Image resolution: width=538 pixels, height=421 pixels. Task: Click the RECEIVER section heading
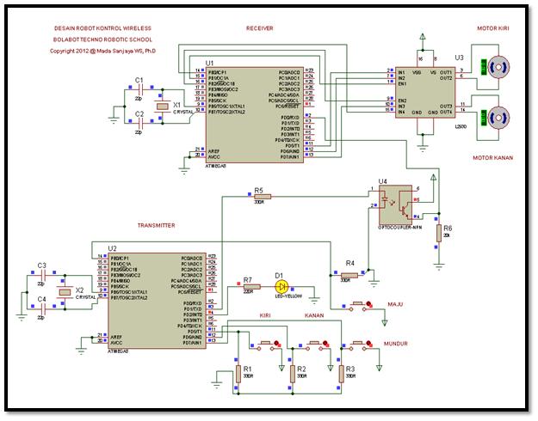click(259, 28)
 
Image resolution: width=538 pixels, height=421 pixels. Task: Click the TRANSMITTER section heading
click(156, 225)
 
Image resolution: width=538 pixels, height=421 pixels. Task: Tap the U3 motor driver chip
click(423, 91)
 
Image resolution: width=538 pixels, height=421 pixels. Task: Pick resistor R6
click(438, 232)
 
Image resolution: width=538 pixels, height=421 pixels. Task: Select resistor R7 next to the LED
click(248, 288)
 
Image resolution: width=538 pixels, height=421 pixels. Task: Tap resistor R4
click(349, 275)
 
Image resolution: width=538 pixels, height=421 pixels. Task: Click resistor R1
click(238, 374)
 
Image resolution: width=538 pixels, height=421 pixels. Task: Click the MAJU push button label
click(395, 303)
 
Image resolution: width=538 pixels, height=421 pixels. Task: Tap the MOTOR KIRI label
click(494, 28)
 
